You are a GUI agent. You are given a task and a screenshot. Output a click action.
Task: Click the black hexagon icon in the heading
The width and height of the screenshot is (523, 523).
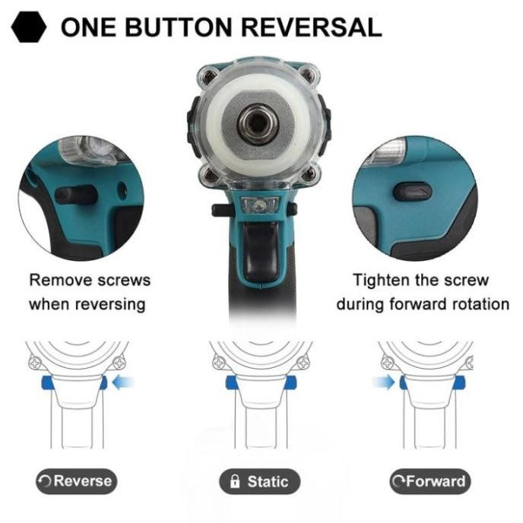tap(30, 28)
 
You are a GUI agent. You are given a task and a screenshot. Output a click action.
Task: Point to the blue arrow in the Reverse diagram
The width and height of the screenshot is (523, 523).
tap(122, 382)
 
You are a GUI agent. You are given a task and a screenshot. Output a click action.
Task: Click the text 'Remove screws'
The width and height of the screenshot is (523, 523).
tap(90, 280)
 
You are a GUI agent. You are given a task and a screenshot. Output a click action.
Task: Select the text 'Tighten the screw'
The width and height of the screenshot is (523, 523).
tap(423, 280)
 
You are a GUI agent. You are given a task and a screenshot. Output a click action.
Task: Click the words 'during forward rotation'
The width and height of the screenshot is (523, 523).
tap(423, 304)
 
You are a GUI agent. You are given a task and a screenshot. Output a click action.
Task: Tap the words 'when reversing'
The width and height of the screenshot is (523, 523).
tap(87, 304)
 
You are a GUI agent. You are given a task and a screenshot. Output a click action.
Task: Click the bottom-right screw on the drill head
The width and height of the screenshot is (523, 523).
tap(311, 178)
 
